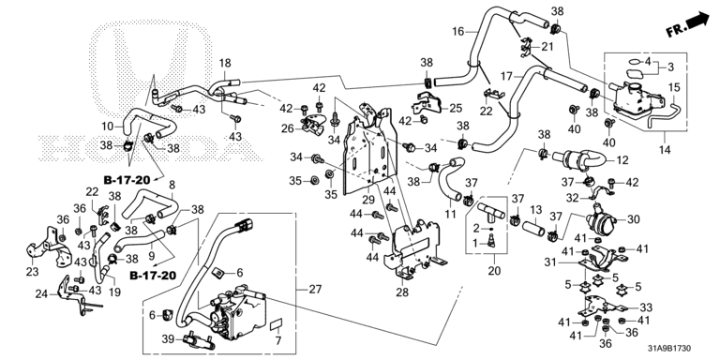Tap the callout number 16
pyautogui.click(x=457, y=32)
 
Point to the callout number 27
pyautogui.click(x=315, y=290)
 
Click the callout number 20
pyautogui.click(x=494, y=271)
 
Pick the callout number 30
pyautogui.click(x=633, y=220)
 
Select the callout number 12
pyautogui.click(x=622, y=160)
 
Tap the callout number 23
pyautogui.click(x=32, y=271)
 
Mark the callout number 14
pyautogui.click(x=665, y=149)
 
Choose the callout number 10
pyautogui.click(x=107, y=126)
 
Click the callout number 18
pyautogui.click(x=225, y=64)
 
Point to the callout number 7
pyautogui.click(x=278, y=341)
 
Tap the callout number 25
pyautogui.click(x=456, y=109)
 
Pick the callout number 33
pyautogui.click(x=646, y=307)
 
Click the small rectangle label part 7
pyautogui.click(x=275, y=324)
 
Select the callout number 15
pyautogui.click(x=674, y=87)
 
